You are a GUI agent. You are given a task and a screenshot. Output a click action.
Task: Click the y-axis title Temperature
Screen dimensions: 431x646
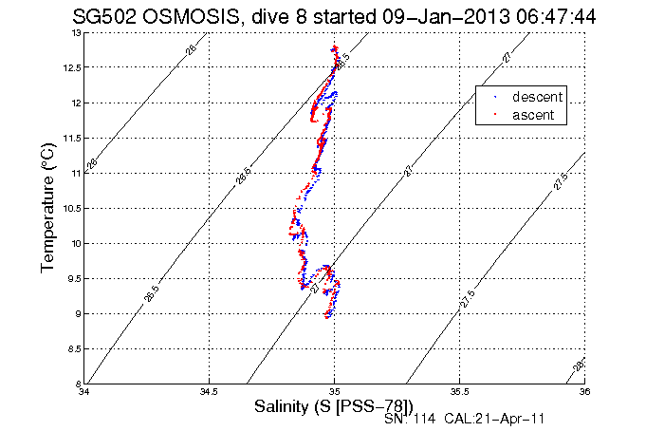tap(48, 208)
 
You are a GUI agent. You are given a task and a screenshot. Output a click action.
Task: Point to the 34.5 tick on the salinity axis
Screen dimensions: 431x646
tap(209, 391)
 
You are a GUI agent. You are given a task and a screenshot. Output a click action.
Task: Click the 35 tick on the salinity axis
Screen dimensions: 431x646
tap(334, 391)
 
